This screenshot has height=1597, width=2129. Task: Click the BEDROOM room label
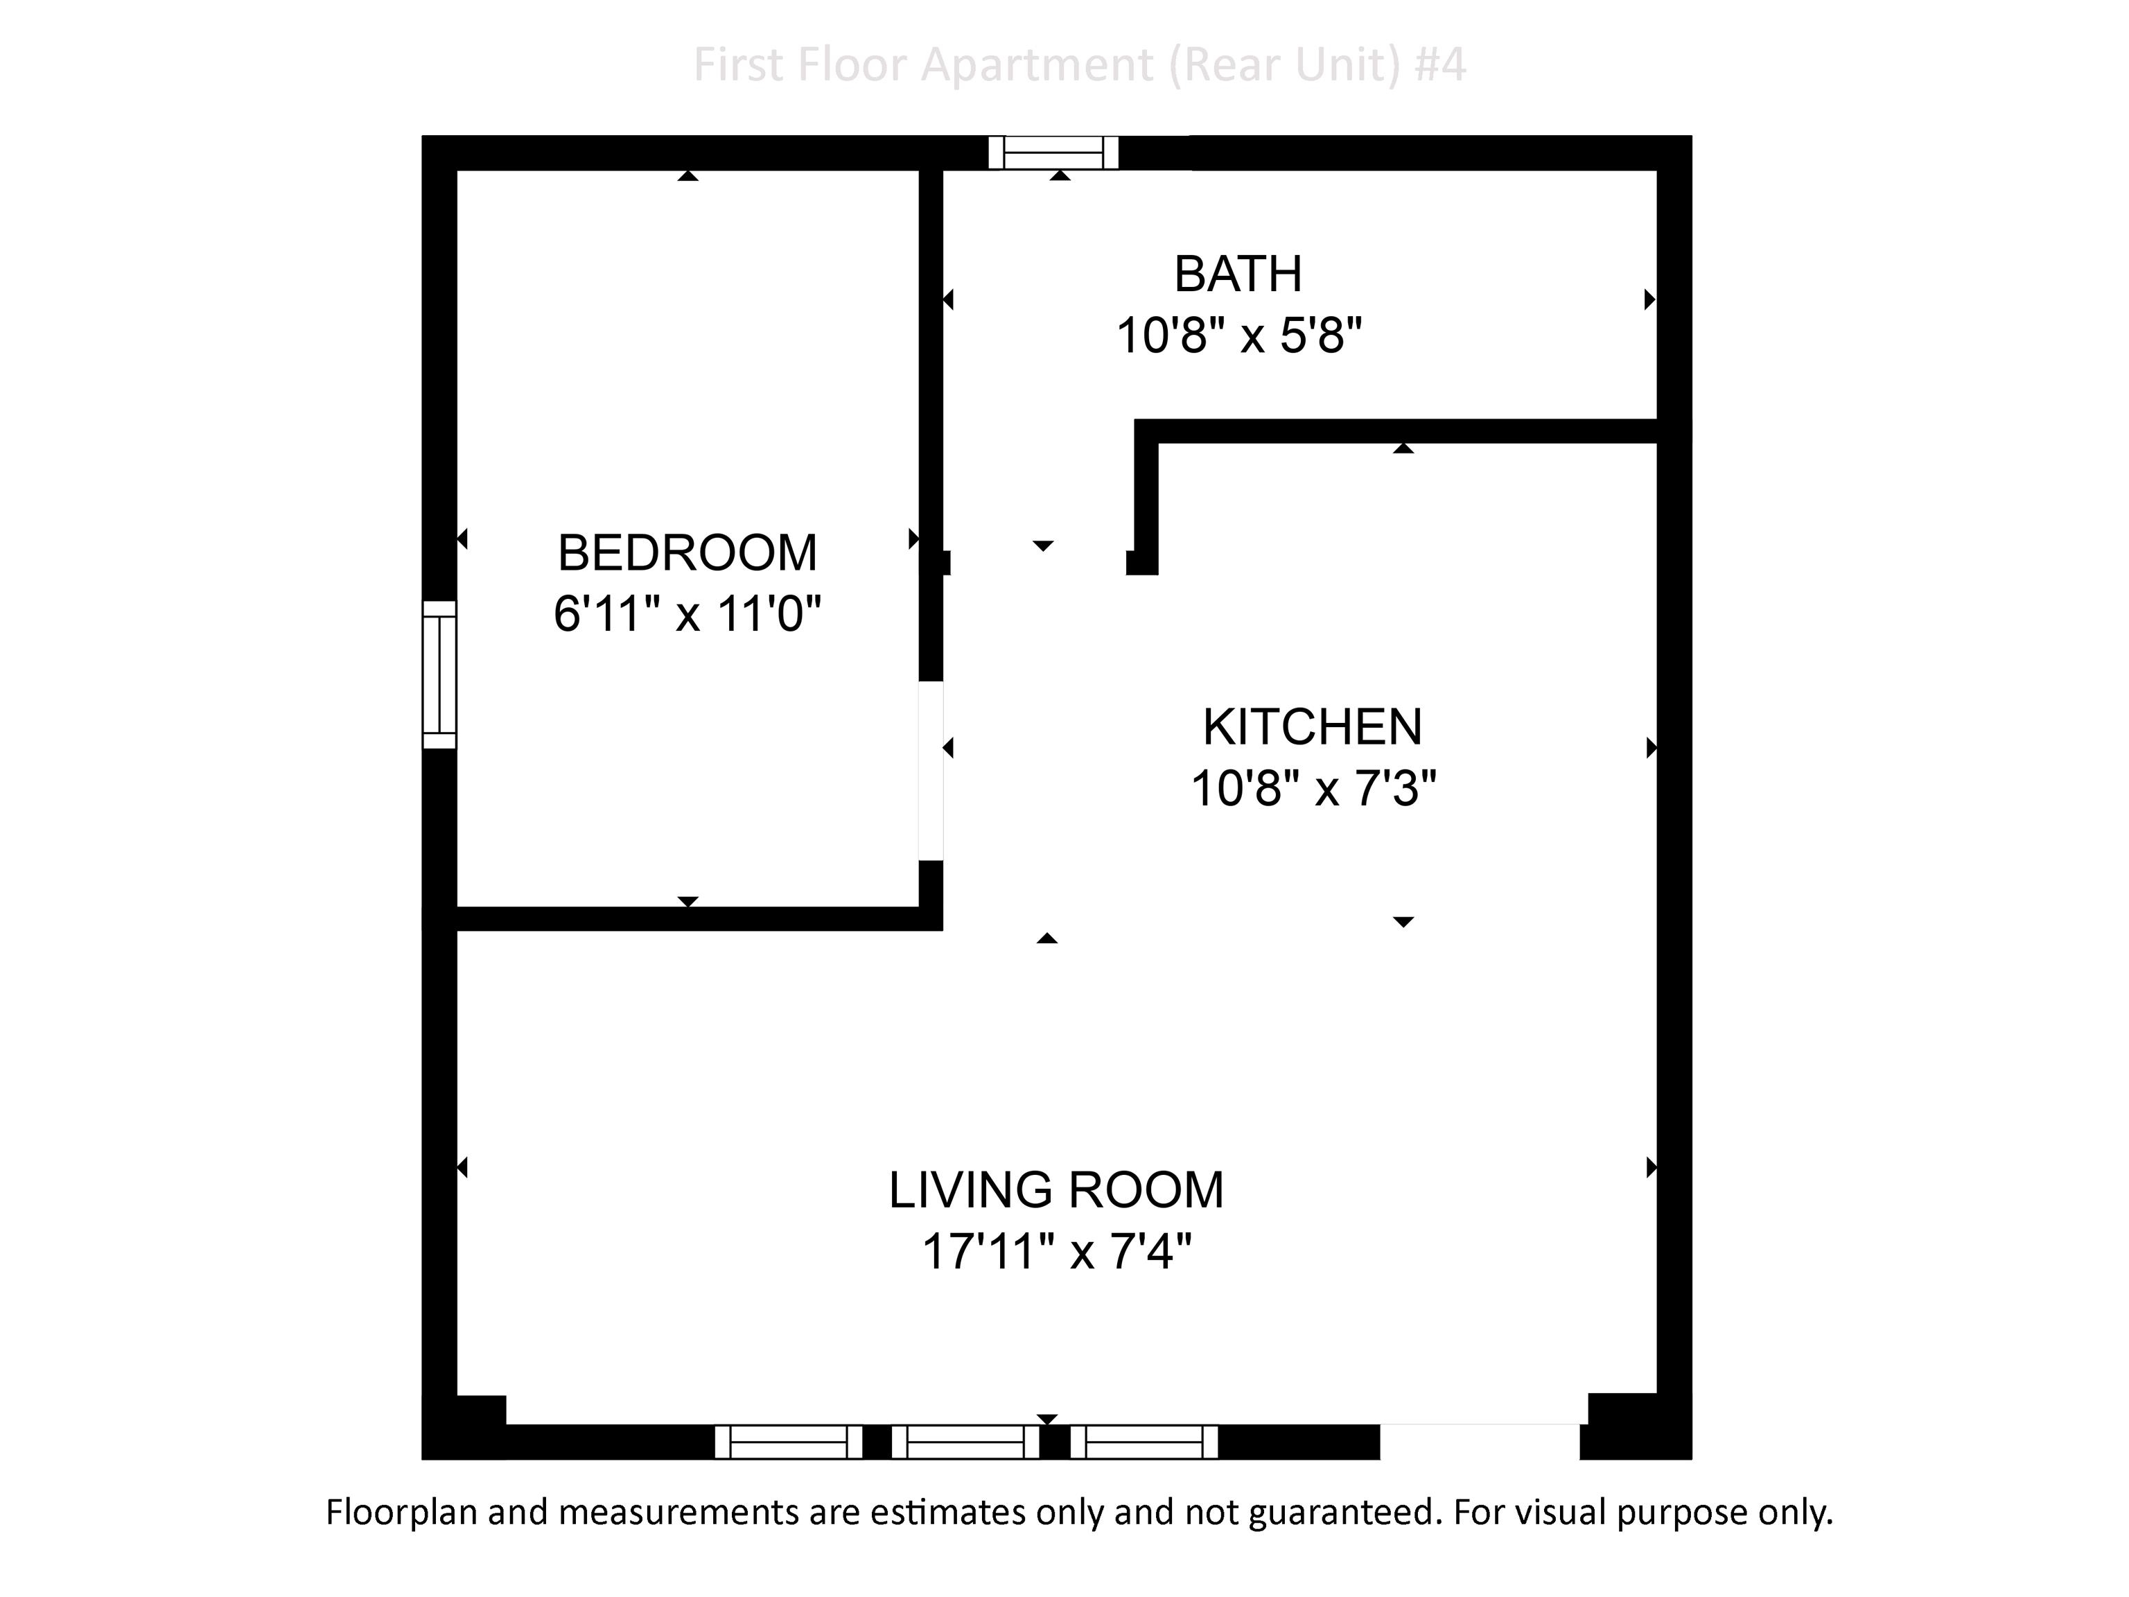click(x=687, y=552)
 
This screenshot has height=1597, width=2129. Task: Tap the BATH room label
click(x=1238, y=274)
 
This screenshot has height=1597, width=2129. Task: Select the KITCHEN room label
click(x=1312, y=727)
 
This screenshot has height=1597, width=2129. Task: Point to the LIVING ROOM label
click(x=1056, y=1190)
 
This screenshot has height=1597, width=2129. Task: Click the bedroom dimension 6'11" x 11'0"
click(x=687, y=613)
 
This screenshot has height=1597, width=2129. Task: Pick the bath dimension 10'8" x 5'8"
click(x=1238, y=336)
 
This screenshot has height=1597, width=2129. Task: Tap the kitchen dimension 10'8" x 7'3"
click(x=1313, y=788)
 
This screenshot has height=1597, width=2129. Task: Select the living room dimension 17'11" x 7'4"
click(x=1057, y=1251)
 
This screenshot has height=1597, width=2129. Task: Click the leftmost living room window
click(x=788, y=1442)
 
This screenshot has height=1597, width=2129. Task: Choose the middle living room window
click(x=965, y=1442)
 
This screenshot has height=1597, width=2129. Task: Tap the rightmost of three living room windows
click(x=1144, y=1442)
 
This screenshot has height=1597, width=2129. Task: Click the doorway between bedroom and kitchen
click(x=931, y=770)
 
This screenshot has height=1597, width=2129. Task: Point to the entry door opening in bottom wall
click(x=1480, y=1441)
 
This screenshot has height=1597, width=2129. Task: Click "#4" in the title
click(x=1441, y=64)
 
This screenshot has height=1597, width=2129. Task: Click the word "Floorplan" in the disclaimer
click(x=401, y=1512)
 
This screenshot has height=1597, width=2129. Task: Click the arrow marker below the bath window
click(x=1060, y=175)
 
